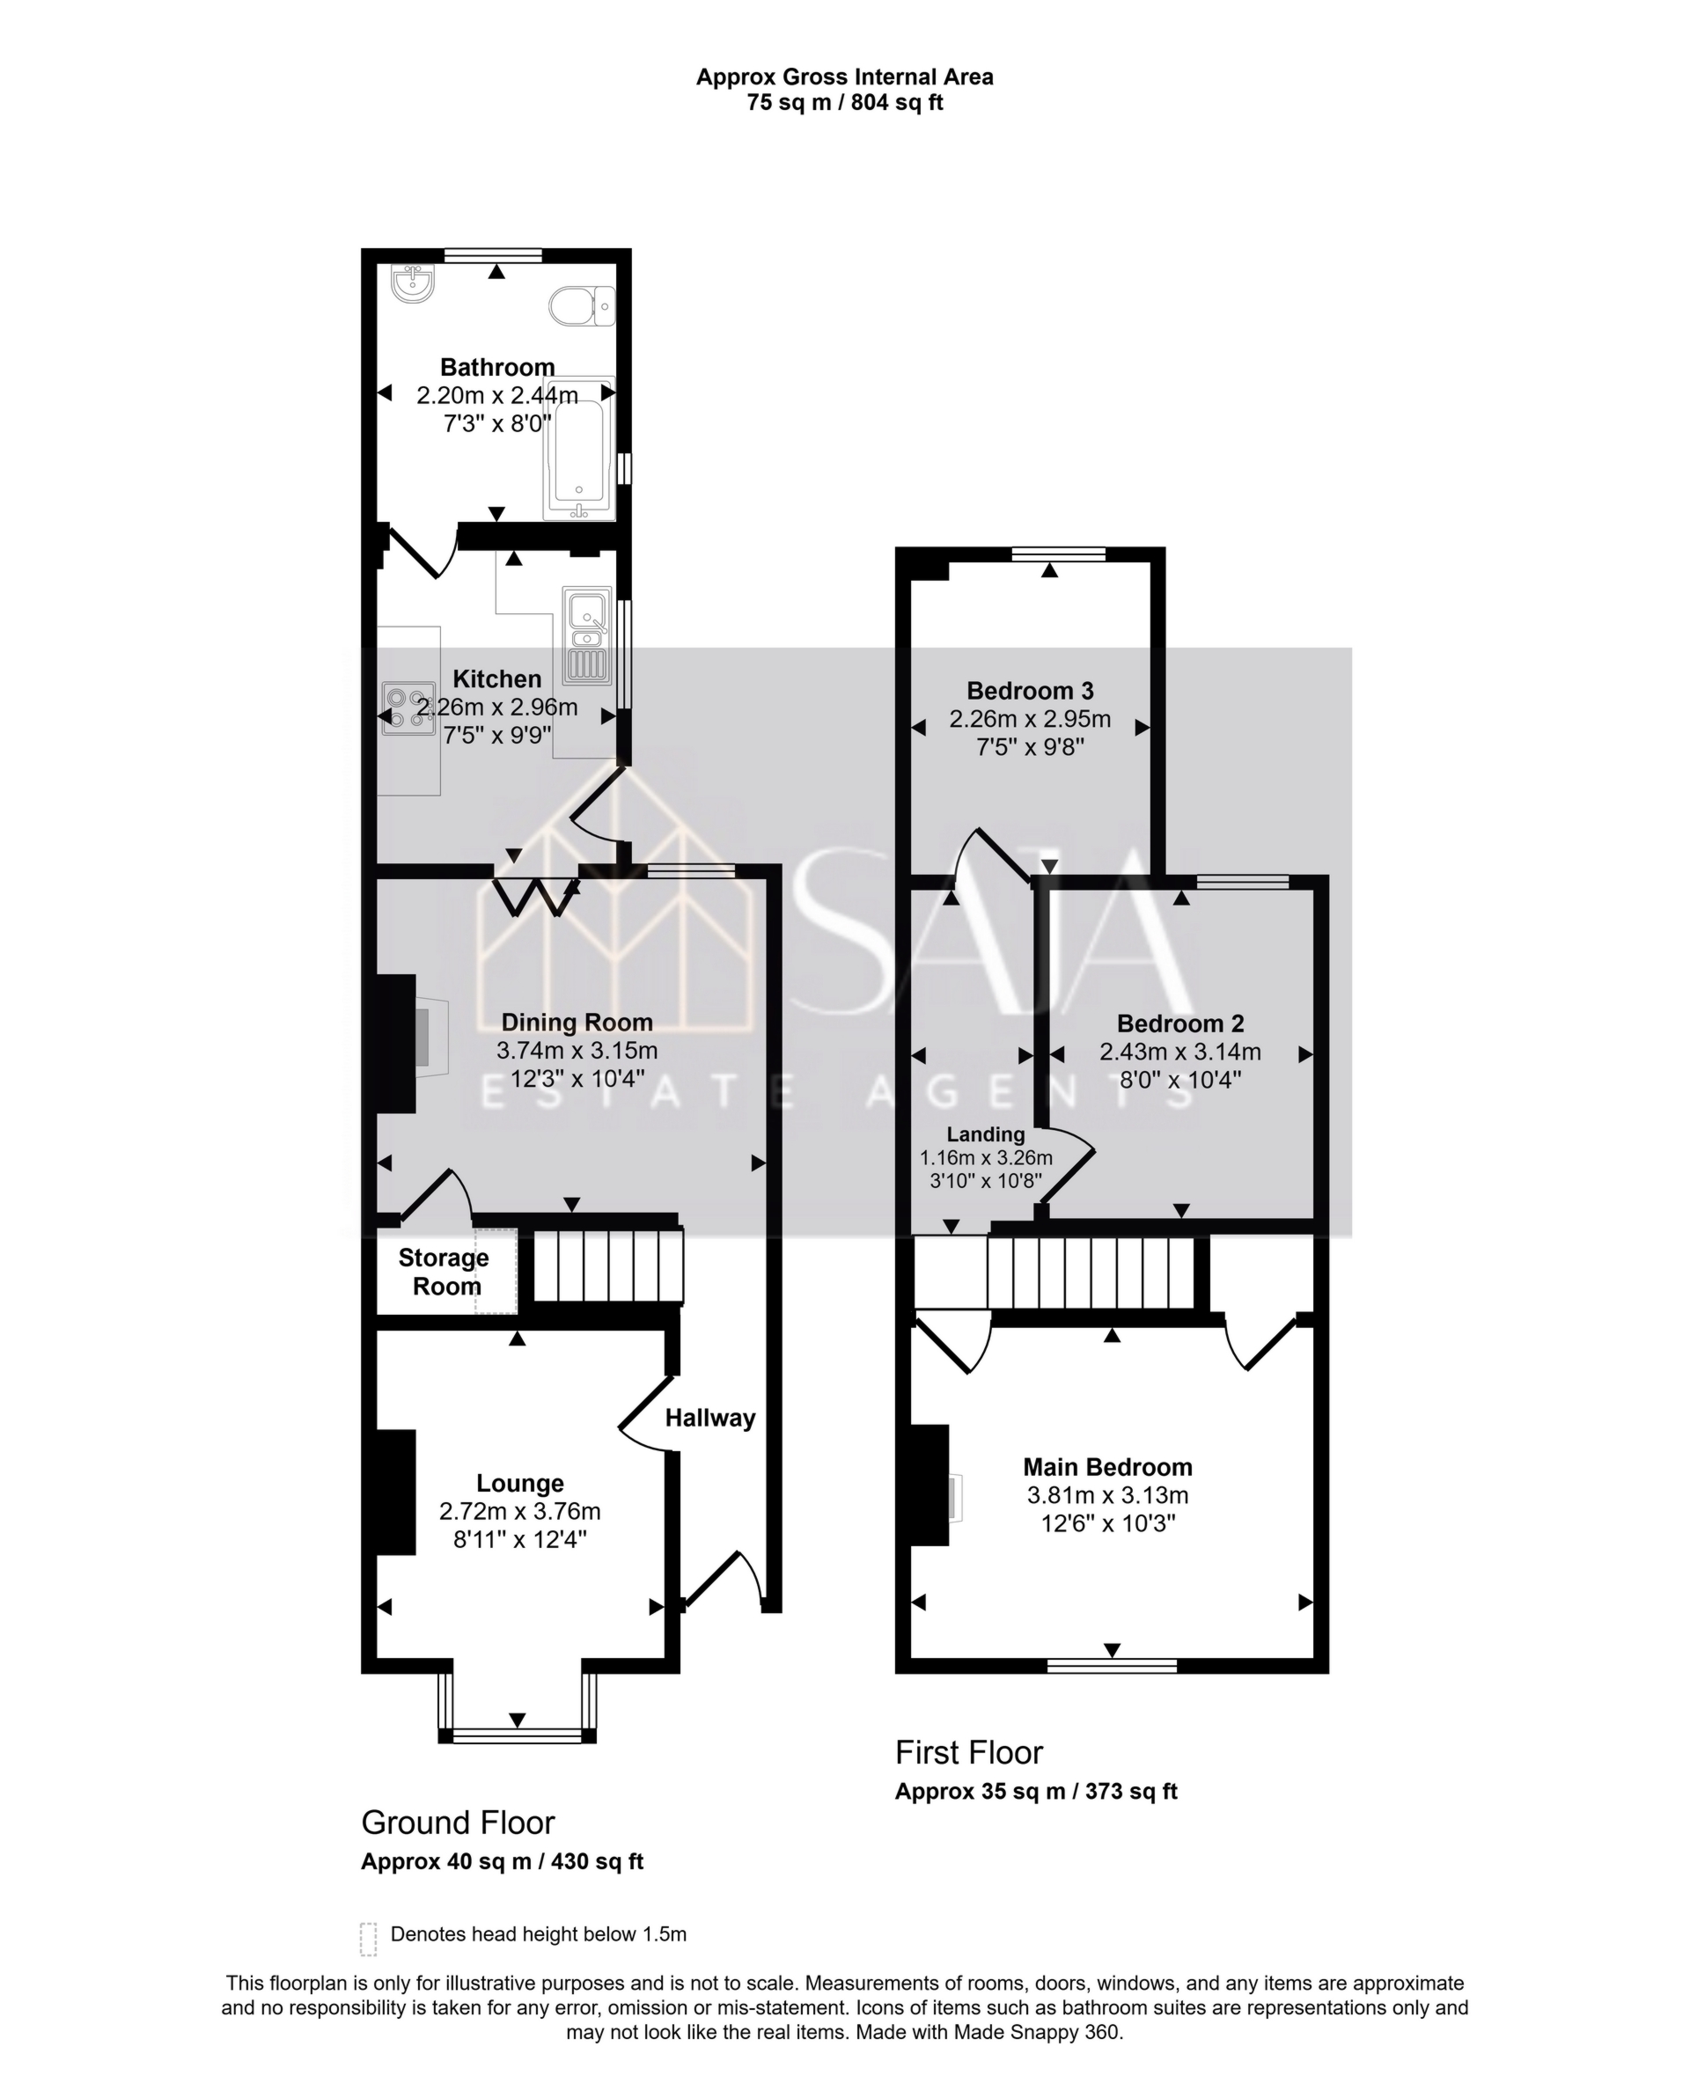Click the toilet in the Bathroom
[581, 305]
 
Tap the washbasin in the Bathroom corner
[414, 283]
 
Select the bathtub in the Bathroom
[579, 449]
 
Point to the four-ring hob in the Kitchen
[408, 708]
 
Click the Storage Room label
[445, 1271]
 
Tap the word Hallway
[709, 1418]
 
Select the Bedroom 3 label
[1029, 691]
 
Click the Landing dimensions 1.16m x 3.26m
[986, 1158]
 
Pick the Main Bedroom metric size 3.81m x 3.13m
[1107, 1495]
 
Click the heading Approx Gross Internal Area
[844, 77]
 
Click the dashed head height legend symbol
[368, 1938]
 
